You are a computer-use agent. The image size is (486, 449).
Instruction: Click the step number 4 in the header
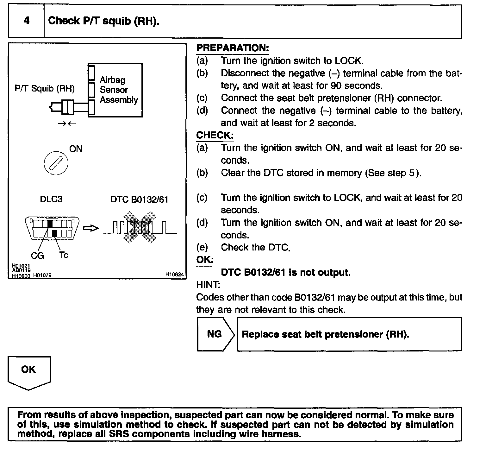click(x=27, y=21)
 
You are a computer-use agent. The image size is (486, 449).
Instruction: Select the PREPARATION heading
click(x=233, y=48)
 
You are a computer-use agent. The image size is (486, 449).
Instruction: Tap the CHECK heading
click(x=215, y=135)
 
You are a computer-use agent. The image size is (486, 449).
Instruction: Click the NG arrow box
click(x=215, y=334)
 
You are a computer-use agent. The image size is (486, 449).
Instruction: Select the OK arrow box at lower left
click(x=29, y=371)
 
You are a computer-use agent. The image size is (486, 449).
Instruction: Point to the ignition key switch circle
click(x=56, y=164)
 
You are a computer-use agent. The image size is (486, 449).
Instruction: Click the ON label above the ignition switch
click(x=76, y=149)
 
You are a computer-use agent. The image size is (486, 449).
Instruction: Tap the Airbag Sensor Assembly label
click(x=119, y=90)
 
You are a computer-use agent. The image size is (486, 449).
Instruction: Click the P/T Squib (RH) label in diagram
click(x=45, y=88)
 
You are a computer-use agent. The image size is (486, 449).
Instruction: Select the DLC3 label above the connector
click(x=51, y=199)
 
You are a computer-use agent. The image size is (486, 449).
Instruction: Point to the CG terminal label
click(x=37, y=255)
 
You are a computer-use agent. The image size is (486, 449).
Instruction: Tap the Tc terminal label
click(x=63, y=255)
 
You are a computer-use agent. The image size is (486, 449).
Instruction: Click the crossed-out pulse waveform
click(x=140, y=227)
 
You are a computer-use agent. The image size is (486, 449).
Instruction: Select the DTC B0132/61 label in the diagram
click(x=139, y=199)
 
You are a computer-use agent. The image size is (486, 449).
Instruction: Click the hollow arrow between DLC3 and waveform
click(x=90, y=228)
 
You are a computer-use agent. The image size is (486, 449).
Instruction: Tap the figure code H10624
click(x=174, y=275)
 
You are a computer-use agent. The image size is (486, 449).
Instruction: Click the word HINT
click(x=208, y=285)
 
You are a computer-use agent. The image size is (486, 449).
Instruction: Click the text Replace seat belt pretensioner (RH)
click(x=325, y=334)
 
